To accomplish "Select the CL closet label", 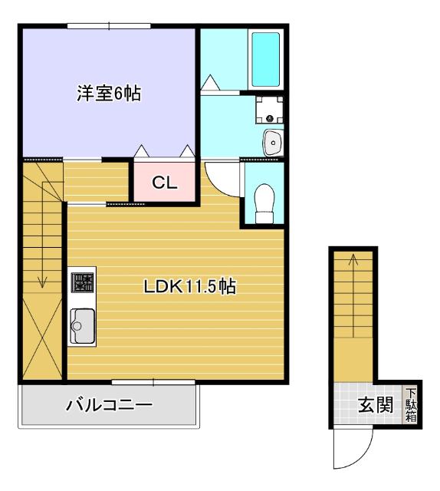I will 164,183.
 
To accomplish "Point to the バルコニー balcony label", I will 108,404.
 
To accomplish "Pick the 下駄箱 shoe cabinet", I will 411,404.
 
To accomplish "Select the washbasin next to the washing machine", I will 271,141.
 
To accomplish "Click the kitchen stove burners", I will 83,283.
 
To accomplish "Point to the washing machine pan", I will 269,108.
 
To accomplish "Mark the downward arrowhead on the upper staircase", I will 41,282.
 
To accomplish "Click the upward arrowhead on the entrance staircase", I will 353,259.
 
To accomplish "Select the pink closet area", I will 164,181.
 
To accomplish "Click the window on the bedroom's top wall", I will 108,26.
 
